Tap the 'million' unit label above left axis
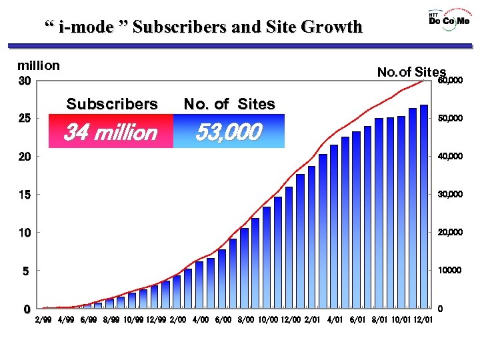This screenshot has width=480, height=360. (x=39, y=65)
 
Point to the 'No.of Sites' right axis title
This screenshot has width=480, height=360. (x=411, y=72)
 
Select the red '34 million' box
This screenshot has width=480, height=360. (x=109, y=132)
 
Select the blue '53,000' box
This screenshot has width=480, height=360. (x=228, y=132)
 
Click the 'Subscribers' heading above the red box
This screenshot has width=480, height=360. (x=112, y=104)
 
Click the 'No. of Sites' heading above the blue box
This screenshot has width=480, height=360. (x=229, y=104)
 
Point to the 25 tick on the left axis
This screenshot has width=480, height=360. (x=24, y=119)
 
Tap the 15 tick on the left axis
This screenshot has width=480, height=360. (x=24, y=195)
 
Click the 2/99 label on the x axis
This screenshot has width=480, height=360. (x=43, y=321)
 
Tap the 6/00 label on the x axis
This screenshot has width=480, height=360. (x=224, y=321)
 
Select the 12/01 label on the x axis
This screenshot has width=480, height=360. (x=423, y=321)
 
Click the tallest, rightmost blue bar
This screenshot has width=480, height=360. (x=424, y=207)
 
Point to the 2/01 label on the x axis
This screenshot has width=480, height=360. (x=312, y=321)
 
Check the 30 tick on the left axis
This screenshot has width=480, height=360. (x=24, y=81)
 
